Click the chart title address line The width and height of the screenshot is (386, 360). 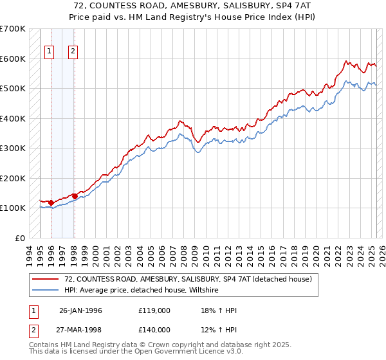pyautogui.click(x=193, y=5)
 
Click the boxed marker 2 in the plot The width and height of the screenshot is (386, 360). pyautogui.click(x=73, y=52)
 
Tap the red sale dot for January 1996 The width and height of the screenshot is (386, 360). pyautogui.click(x=51, y=203)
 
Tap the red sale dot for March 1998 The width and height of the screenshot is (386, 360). pyautogui.click(x=75, y=196)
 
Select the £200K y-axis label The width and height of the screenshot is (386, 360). pyautogui.click(x=13, y=178)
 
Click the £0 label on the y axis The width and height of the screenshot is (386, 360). pyautogui.click(x=21, y=238)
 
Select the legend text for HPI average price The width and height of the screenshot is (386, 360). pyautogui.click(x=142, y=291)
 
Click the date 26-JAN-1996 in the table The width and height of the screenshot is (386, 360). pyautogui.click(x=80, y=310)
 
